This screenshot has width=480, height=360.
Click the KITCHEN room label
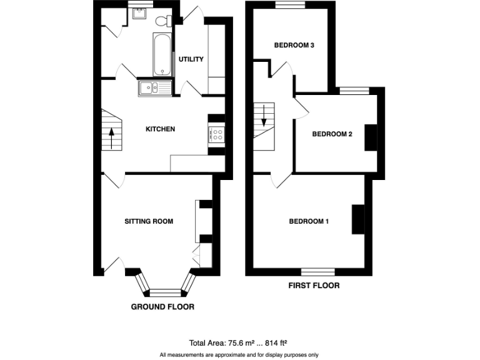pyautogui.click(x=160, y=129)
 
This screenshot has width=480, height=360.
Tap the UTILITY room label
pyautogui.click(x=191, y=59)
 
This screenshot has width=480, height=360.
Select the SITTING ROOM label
pyautogui.click(x=149, y=221)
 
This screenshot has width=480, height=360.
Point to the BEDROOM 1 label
pyautogui.click(x=309, y=221)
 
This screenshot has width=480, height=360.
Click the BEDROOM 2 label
pyautogui.click(x=332, y=134)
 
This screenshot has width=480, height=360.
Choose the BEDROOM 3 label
pyautogui.click(x=294, y=45)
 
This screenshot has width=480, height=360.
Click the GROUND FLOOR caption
pyautogui.click(x=162, y=307)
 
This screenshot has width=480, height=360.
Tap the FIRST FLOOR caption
pyautogui.click(x=314, y=286)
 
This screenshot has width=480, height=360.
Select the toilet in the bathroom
pyautogui.click(x=164, y=20)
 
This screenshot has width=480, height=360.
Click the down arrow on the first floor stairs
pyautogui.click(x=264, y=116)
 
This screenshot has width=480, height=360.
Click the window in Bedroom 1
pyautogui.click(x=317, y=272)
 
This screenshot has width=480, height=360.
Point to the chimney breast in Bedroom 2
pyautogui.click(x=371, y=137)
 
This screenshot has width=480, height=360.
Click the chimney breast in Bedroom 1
pyautogui.click(x=358, y=219)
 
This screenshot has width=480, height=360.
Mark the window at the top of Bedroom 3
pyautogui.click(x=289, y=5)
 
